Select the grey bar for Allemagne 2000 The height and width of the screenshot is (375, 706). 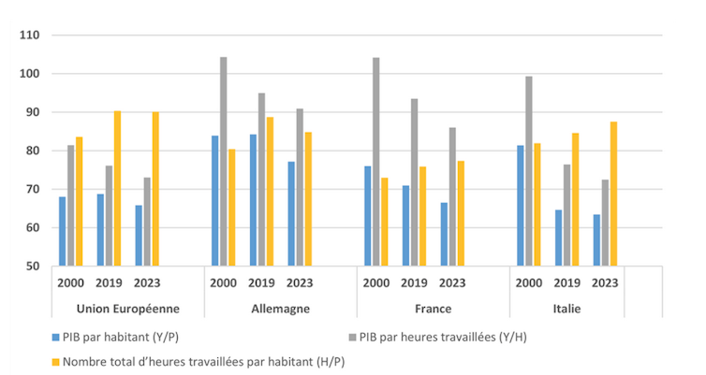223,161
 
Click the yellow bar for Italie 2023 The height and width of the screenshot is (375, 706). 612,194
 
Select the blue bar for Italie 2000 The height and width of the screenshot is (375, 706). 521,206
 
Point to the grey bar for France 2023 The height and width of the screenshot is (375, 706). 452,196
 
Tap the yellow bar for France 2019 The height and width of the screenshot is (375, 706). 422,216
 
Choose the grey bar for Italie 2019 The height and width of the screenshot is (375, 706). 566,215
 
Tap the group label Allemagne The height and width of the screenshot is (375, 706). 280,309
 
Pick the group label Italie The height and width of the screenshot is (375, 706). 567,309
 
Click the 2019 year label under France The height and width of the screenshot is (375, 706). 414,282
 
